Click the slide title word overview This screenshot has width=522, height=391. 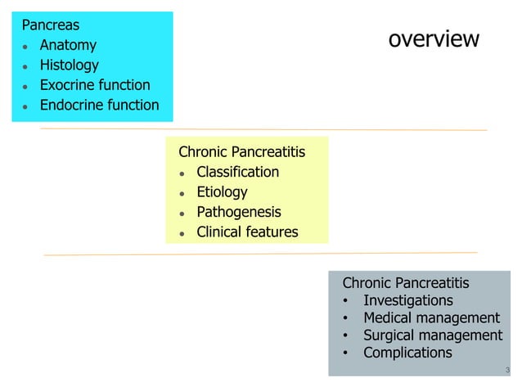point(433,39)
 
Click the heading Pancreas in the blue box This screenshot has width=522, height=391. point(51,25)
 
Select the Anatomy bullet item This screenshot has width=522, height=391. point(68,45)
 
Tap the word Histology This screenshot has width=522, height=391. point(69,65)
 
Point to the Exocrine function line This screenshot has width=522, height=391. point(95,85)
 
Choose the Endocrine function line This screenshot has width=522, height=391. point(99,105)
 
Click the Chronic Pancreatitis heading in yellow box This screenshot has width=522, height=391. point(241,152)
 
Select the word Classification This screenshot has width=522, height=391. point(237,172)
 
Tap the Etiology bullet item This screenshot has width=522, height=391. point(222,192)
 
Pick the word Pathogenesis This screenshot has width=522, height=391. point(238,213)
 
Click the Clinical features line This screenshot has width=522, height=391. point(247,232)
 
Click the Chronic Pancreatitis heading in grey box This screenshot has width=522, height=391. point(405,283)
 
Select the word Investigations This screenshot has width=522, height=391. point(407,300)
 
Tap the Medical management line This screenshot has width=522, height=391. point(431,318)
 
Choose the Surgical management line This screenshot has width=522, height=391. point(433,335)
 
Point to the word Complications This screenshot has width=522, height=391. point(407,353)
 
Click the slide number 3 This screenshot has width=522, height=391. point(507,371)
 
